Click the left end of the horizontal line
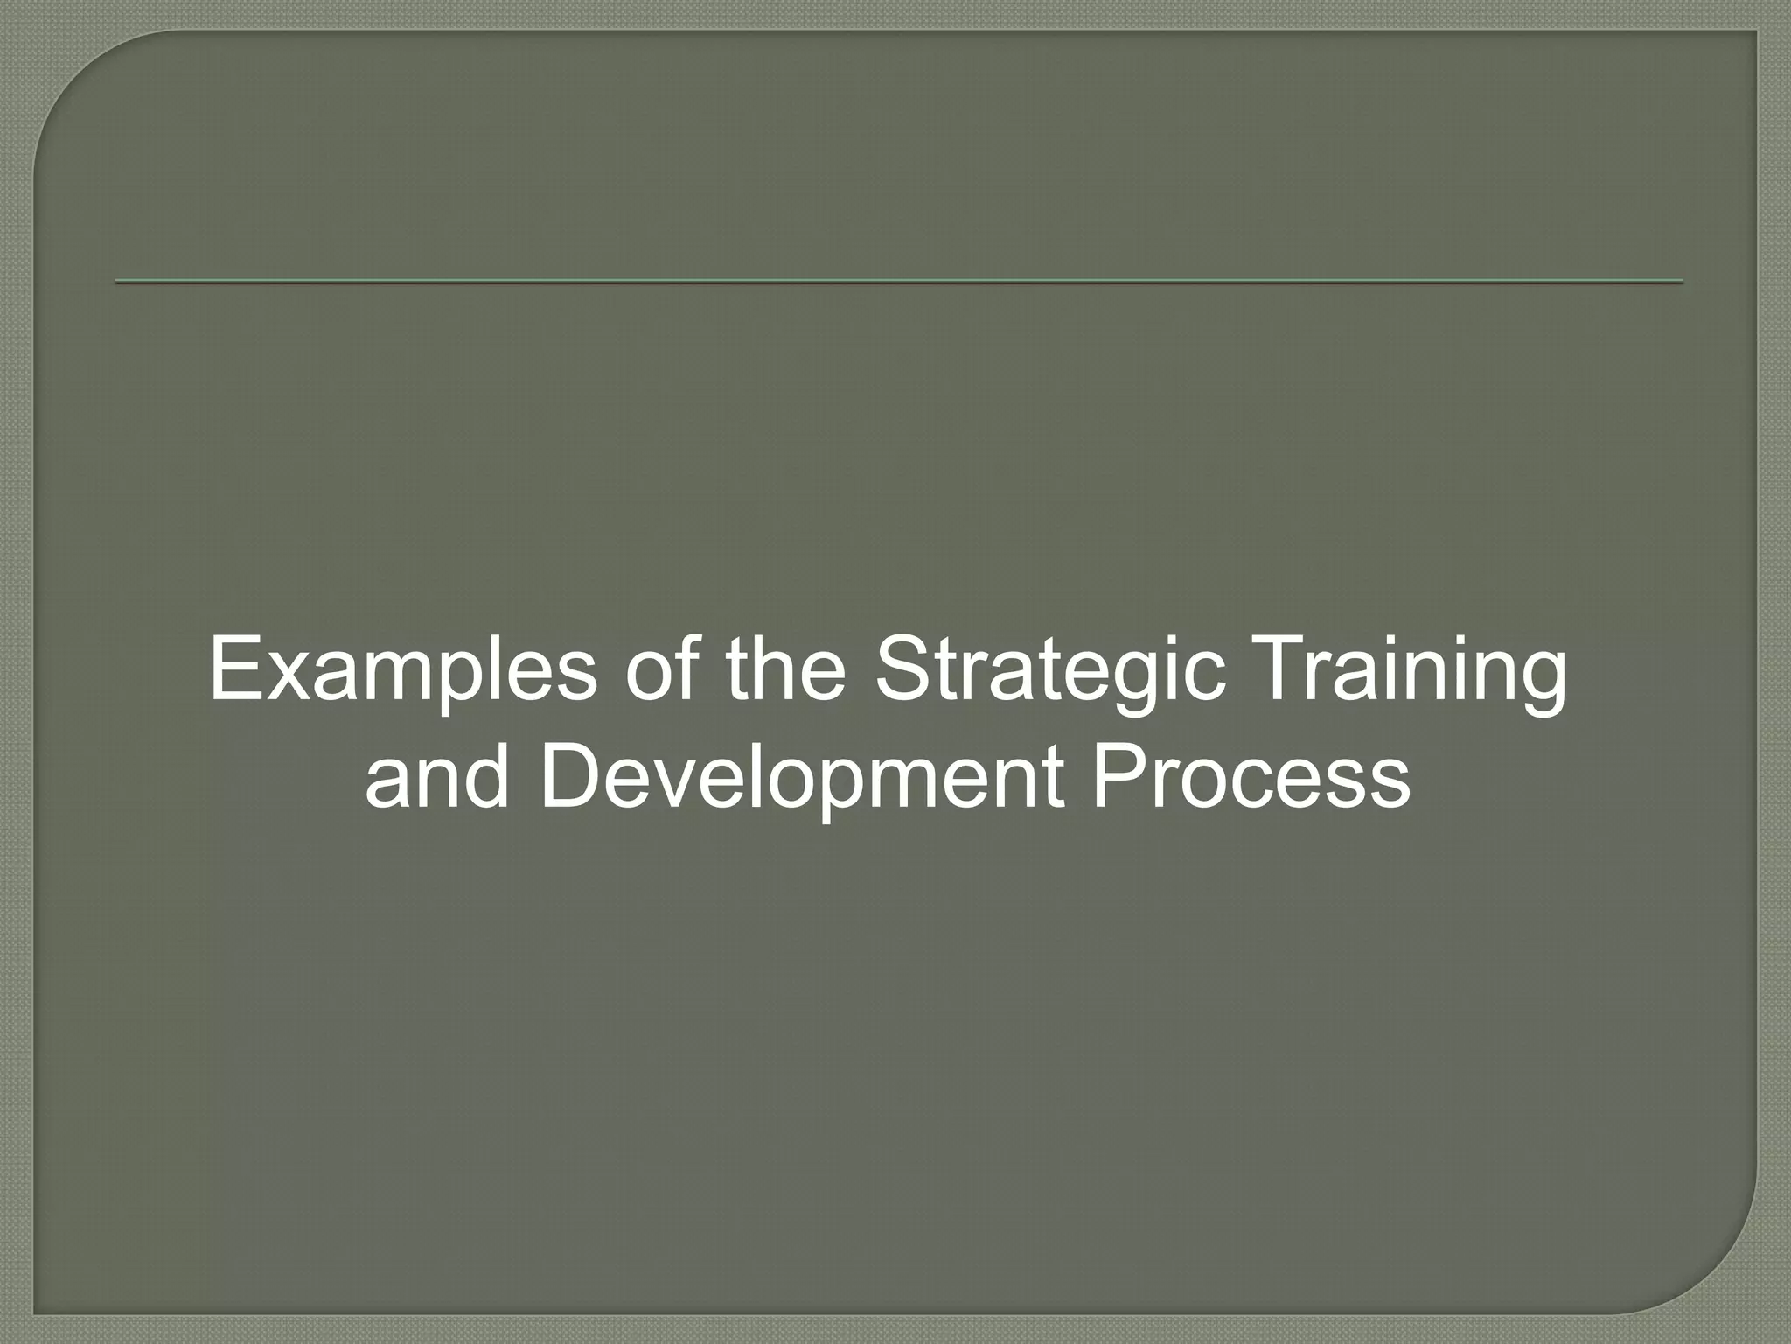coord(118,282)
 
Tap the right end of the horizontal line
coord(1680,282)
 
